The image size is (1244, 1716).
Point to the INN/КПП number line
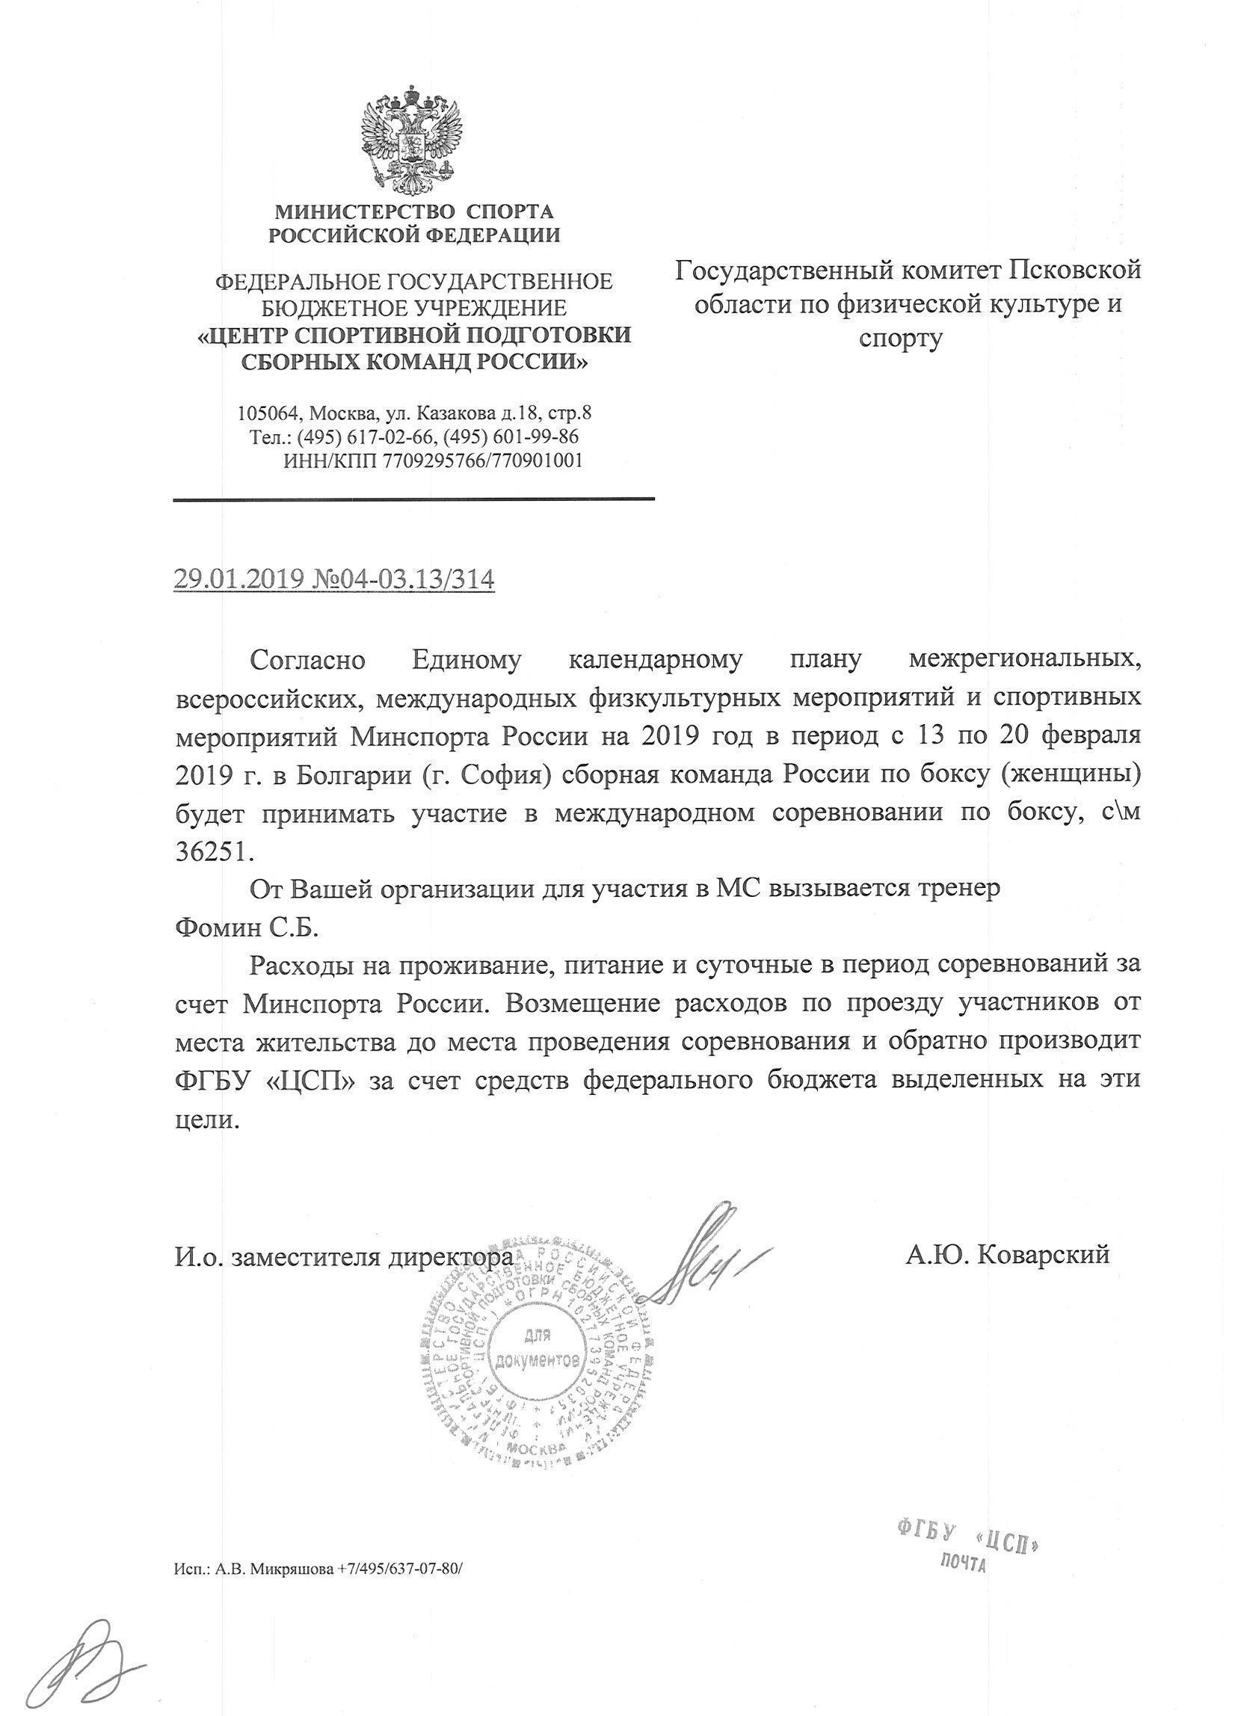point(432,460)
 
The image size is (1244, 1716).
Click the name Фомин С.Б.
point(247,928)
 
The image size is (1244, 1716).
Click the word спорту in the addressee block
point(900,338)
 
